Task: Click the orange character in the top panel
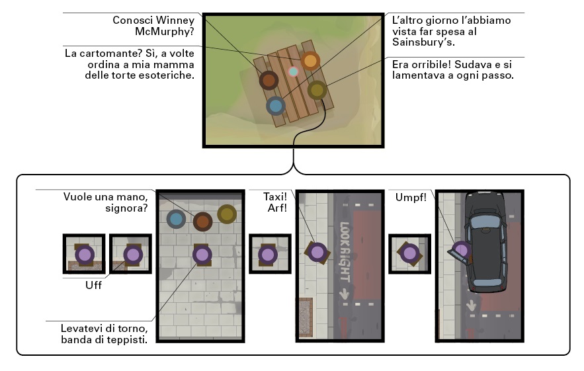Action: tap(310, 61)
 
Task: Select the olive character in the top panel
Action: tap(317, 89)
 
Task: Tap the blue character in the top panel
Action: tap(275, 105)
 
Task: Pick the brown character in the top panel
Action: tap(268, 81)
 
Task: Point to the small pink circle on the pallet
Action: tap(294, 71)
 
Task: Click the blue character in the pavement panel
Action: tap(175, 219)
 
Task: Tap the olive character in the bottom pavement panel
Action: tap(227, 214)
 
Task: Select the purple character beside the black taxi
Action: tap(462, 250)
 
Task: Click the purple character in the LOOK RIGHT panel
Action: tap(317, 252)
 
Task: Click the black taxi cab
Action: tap(485, 241)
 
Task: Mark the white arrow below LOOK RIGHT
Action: tap(344, 292)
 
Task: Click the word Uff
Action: tap(93, 286)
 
